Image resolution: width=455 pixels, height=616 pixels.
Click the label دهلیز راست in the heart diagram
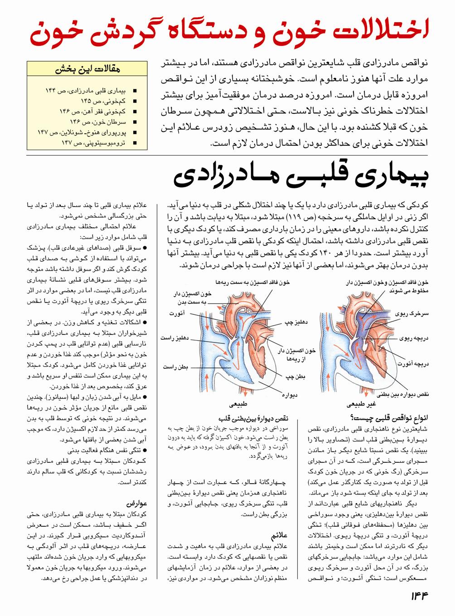click(x=175, y=338)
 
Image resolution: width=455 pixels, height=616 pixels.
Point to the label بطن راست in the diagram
click(x=175, y=367)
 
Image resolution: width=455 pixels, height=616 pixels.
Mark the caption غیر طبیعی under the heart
click(x=361, y=403)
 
